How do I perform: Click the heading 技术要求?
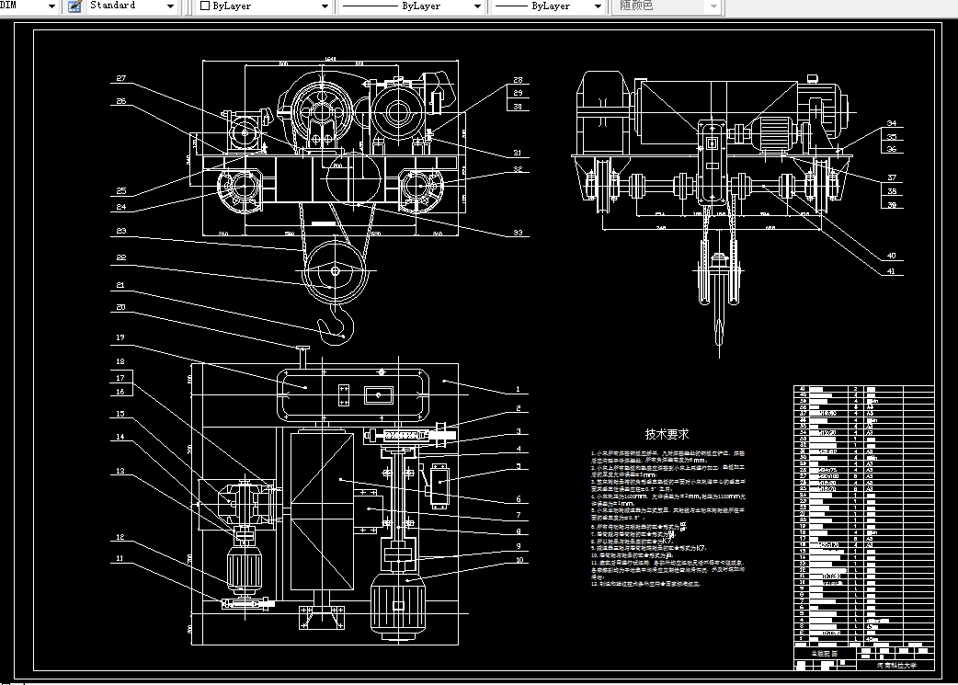coord(667,434)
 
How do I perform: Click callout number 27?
coord(120,78)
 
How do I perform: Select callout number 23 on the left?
coord(120,231)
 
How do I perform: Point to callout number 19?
coord(120,337)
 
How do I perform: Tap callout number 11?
coord(120,558)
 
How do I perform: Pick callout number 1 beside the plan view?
coord(518,390)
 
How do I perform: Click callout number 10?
coord(518,559)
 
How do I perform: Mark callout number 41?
coord(891,271)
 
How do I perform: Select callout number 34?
coord(891,123)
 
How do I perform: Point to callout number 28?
coord(518,80)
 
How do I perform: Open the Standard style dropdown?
coord(132,6)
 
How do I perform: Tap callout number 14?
coord(120,437)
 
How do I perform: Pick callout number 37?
coord(891,177)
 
